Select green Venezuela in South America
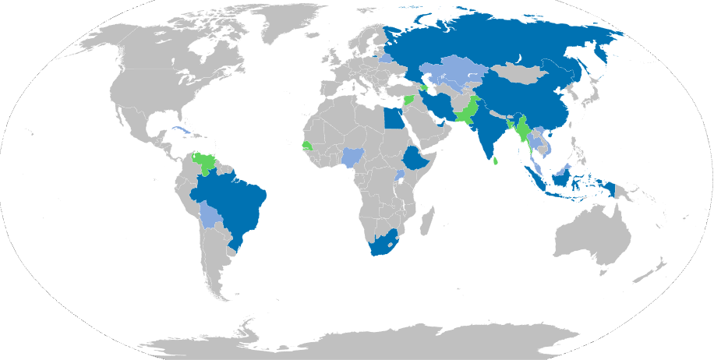207,163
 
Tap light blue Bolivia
210,215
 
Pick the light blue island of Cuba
181,129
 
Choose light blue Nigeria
354,158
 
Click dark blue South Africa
383,242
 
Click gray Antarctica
359,343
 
